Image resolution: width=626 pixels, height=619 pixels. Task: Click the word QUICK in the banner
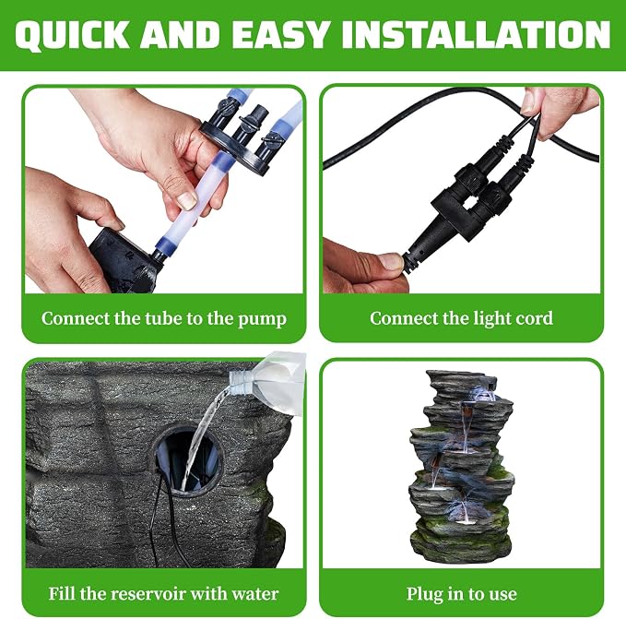[x=72, y=35]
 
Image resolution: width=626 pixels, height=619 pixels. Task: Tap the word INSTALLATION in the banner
[x=476, y=35]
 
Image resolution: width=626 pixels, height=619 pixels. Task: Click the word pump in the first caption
[x=263, y=319]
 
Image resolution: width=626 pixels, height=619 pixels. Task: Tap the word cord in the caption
[x=535, y=318]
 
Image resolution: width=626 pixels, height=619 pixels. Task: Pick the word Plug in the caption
[x=424, y=594]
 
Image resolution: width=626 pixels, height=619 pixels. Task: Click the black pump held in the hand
[x=124, y=260]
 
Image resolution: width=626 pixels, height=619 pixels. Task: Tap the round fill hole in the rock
[x=188, y=460]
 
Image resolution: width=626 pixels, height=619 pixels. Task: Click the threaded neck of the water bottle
[x=237, y=380]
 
